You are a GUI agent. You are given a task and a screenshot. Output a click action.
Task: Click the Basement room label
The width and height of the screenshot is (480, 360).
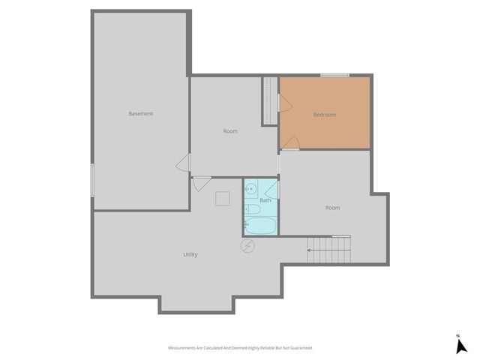(x=140, y=114)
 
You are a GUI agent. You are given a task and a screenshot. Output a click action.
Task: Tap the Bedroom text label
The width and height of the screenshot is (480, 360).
(x=325, y=115)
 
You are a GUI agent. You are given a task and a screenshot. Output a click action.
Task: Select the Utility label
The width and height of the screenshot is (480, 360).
(x=190, y=255)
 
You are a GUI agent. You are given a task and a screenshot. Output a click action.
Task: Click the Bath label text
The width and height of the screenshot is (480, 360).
(x=265, y=200)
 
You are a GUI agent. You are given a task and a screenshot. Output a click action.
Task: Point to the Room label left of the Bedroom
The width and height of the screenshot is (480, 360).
(x=230, y=131)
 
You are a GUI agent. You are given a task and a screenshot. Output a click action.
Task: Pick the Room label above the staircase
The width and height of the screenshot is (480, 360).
(x=332, y=208)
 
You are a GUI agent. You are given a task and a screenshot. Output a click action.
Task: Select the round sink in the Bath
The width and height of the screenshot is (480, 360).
(x=250, y=189)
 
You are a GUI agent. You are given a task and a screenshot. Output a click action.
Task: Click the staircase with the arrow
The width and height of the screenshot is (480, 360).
(x=328, y=249)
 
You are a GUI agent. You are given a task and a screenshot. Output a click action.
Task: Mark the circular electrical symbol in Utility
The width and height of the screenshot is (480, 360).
(x=247, y=246)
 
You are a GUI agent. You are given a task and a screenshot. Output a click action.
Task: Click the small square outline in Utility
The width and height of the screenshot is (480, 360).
(x=223, y=198)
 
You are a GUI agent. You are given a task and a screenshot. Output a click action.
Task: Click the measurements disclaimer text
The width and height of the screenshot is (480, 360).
(x=240, y=348)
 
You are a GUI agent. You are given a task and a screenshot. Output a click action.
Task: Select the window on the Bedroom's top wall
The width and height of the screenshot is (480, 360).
(x=334, y=75)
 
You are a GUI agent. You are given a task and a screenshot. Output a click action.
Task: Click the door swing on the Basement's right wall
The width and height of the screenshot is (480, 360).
(x=183, y=164)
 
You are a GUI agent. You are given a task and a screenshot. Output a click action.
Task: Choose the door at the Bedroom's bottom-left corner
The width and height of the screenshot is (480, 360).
(x=290, y=142)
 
